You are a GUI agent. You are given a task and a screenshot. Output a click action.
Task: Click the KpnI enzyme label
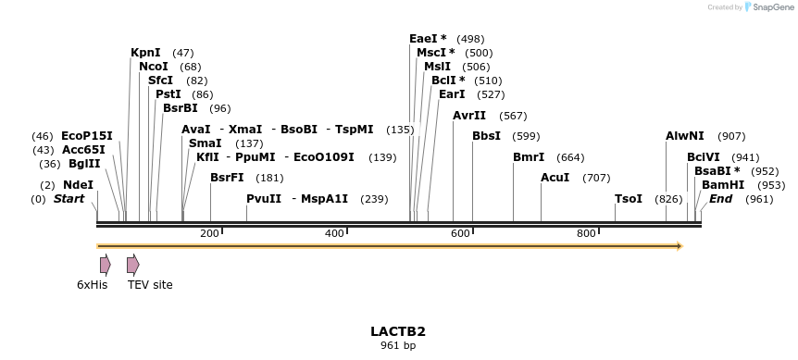(x=145, y=53)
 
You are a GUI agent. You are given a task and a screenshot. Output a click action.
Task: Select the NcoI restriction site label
(x=154, y=67)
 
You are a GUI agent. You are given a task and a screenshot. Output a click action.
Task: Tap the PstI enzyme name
(x=168, y=94)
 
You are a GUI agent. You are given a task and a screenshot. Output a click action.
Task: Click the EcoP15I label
(x=87, y=136)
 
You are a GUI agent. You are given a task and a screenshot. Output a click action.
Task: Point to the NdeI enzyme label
(x=79, y=185)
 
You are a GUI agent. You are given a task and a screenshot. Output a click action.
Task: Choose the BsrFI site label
(x=227, y=178)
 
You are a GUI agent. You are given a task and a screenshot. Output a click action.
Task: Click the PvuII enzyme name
(x=264, y=199)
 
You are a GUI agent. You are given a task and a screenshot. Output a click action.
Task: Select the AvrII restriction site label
(x=469, y=116)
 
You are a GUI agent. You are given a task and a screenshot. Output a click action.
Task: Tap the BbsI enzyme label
(x=486, y=136)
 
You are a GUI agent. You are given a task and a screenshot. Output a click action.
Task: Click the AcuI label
(x=555, y=178)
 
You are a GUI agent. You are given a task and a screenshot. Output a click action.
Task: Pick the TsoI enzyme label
(x=629, y=199)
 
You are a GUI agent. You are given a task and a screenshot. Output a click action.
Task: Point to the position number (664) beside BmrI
(x=571, y=157)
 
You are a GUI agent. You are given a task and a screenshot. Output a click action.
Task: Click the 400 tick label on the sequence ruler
(x=335, y=233)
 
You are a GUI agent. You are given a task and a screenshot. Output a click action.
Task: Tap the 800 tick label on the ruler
(x=586, y=233)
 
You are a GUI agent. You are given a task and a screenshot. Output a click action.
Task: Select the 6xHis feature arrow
(x=106, y=265)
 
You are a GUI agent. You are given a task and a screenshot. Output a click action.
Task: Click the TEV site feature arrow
(x=133, y=265)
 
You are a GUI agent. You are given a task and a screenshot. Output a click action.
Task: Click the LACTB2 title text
(x=398, y=331)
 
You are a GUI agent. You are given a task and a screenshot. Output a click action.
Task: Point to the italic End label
(x=721, y=199)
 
